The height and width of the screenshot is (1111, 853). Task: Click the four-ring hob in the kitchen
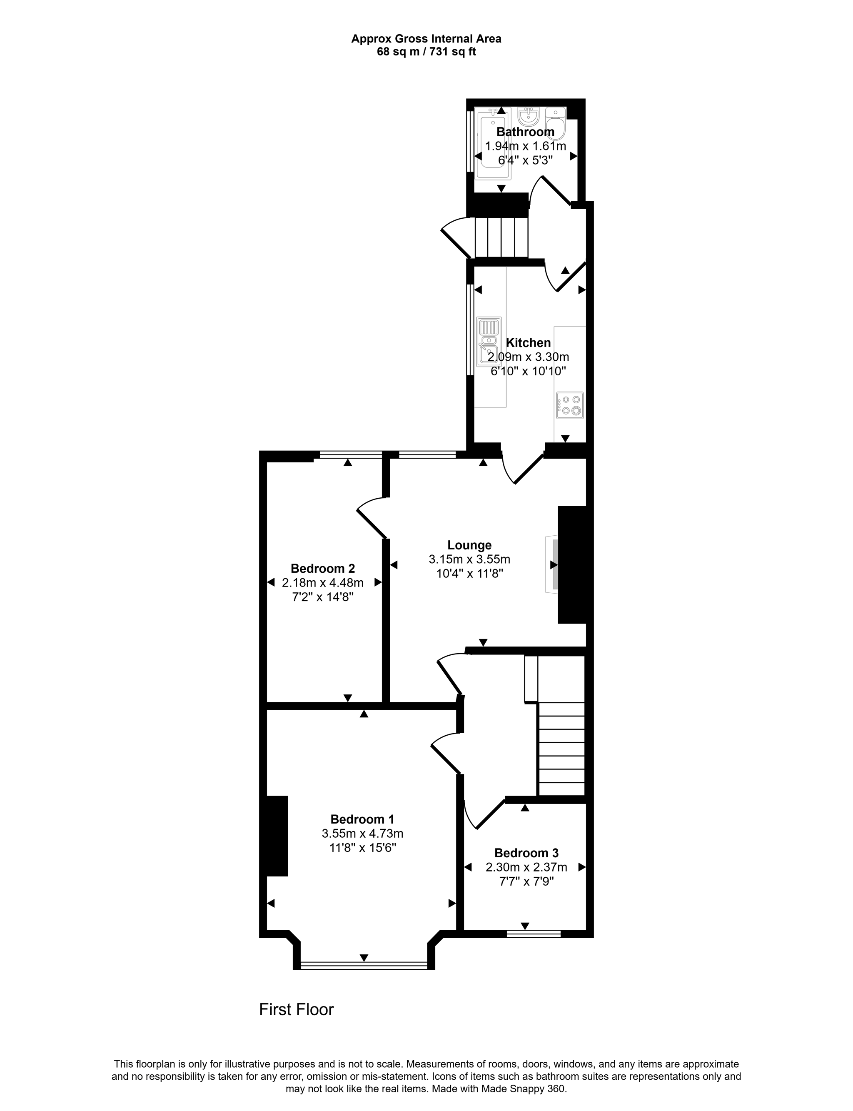coord(570,405)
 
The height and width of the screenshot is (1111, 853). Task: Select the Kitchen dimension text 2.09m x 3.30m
coord(528,357)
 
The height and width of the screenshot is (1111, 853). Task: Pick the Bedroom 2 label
coord(322,569)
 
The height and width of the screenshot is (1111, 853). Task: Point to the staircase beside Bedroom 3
coord(561,749)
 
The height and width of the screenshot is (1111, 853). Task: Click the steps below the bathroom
coord(501,237)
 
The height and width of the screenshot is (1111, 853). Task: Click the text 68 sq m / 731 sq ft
coord(426,52)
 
